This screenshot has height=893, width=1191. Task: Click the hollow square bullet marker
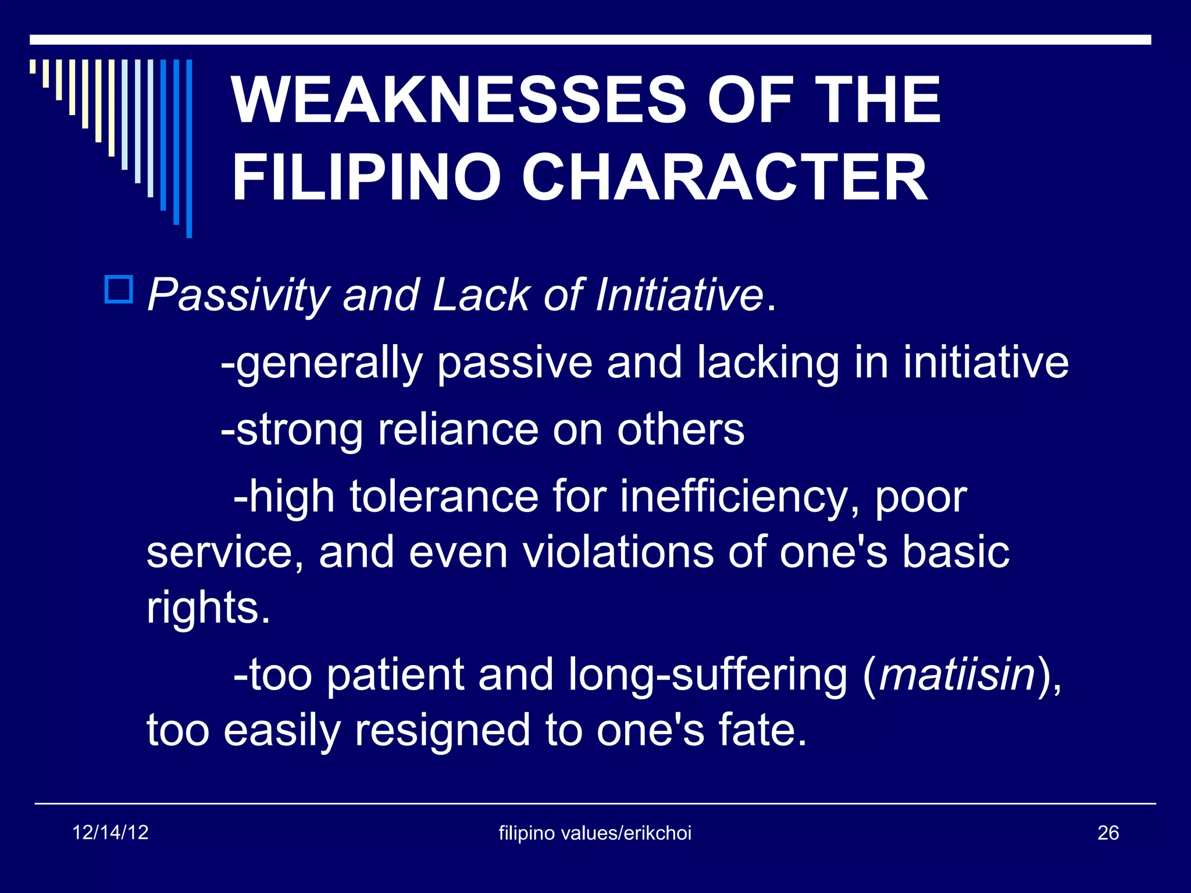[119, 290]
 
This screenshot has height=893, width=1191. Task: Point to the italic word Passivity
[238, 295]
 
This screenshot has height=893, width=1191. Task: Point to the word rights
[208, 608]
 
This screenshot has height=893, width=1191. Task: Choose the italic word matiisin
[957, 676]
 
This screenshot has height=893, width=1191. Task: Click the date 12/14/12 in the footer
[110, 833]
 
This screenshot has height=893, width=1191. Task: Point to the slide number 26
[1108, 833]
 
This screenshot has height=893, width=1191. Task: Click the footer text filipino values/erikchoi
[595, 833]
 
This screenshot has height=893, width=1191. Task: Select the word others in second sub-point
[680, 430]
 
